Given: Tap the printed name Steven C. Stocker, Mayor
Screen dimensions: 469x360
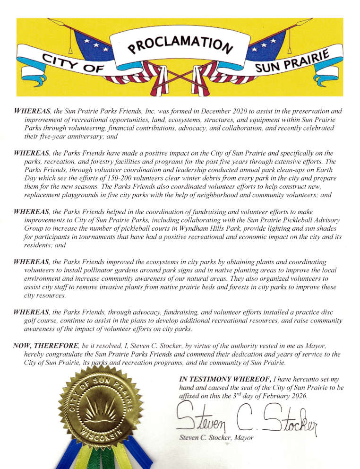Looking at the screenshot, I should click(x=216, y=438).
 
